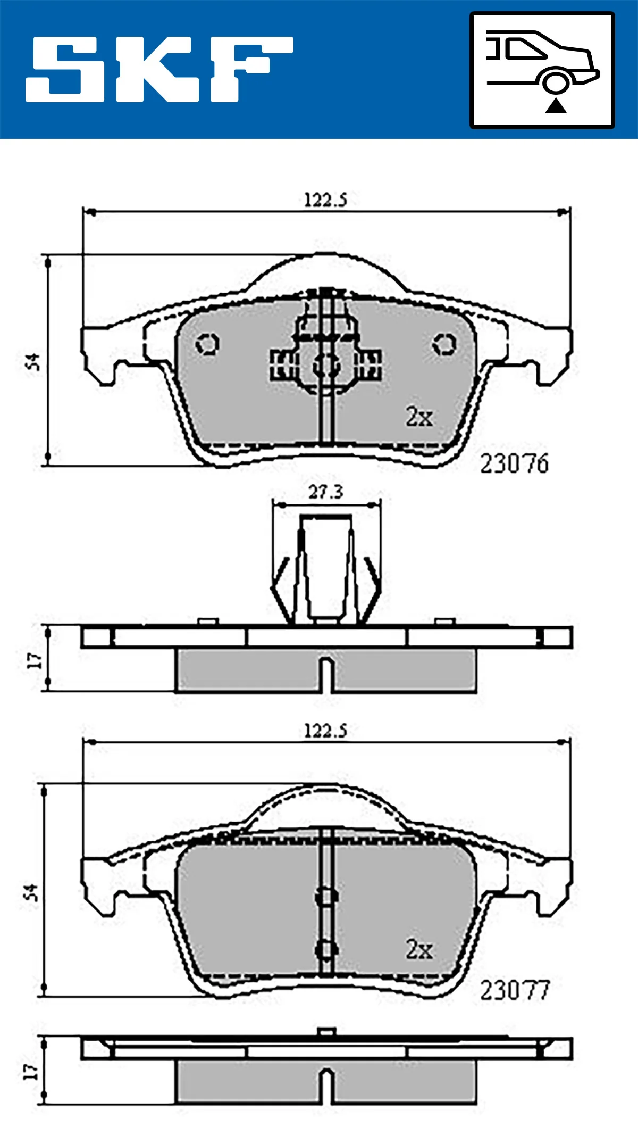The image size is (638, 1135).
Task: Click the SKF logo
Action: (x=159, y=69)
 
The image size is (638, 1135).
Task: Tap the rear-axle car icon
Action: (x=542, y=70)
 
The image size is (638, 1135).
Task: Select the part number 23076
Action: (x=514, y=463)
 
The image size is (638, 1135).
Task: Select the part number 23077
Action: (x=514, y=990)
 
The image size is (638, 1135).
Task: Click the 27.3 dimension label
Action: (x=326, y=492)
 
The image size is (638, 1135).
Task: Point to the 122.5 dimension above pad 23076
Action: (x=325, y=200)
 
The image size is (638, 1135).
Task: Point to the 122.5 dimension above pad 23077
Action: (x=325, y=731)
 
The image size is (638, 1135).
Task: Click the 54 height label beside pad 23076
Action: (x=33, y=362)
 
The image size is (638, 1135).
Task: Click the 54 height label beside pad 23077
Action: (x=31, y=892)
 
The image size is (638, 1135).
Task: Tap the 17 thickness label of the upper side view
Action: (x=34, y=660)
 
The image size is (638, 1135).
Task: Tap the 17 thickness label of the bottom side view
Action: (x=31, y=1071)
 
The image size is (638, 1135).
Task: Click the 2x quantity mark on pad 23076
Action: (x=419, y=417)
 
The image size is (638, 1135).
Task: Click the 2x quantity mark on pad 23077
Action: (x=419, y=949)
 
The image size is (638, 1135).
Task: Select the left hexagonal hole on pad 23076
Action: (x=207, y=344)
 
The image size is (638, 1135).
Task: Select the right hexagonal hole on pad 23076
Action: (x=443, y=344)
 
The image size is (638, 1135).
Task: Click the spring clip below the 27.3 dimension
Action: (x=325, y=569)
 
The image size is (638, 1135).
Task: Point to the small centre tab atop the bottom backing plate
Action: (x=326, y=1032)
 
